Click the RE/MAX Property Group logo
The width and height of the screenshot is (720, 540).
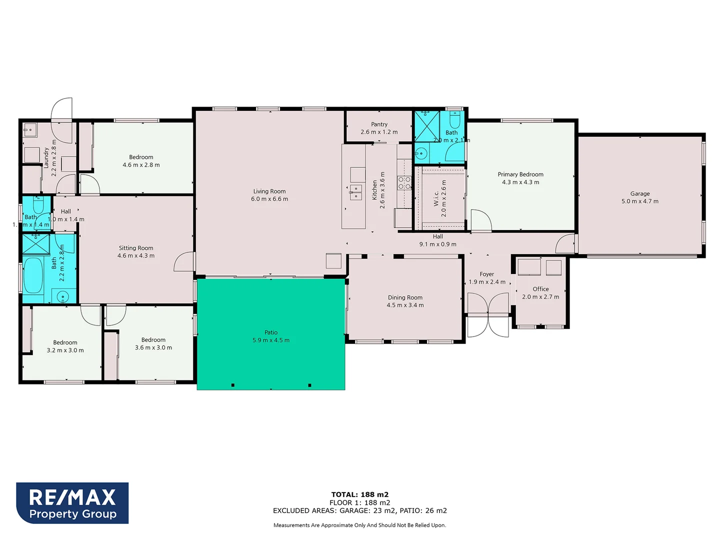pyautogui.click(x=72, y=503)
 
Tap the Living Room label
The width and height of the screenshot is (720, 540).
pyautogui.click(x=269, y=191)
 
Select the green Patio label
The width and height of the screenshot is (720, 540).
pyautogui.click(x=271, y=332)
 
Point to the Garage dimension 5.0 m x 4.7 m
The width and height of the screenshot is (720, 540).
pyautogui.click(x=640, y=201)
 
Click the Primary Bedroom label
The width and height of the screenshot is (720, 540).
pyautogui.click(x=520, y=174)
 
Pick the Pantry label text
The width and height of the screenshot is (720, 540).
pyautogui.click(x=379, y=124)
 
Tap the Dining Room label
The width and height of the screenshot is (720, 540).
pyautogui.click(x=405, y=297)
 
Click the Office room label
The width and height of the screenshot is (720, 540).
pyautogui.click(x=540, y=289)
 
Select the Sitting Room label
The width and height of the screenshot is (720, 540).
pyautogui.click(x=136, y=248)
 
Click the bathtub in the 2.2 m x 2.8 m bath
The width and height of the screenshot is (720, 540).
pyautogui.click(x=33, y=275)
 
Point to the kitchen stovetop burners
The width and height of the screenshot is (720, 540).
pyautogui.click(x=404, y=183)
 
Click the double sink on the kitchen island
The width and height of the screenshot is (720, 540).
pyautogui.click(x=355, y=192)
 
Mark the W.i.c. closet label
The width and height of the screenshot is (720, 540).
pyautogui.click(x=436, y=198)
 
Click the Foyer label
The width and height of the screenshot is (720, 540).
pyautogui.click(x=486, y=274)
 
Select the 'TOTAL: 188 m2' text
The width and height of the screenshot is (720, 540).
pyautogui.click(x=360, y=494)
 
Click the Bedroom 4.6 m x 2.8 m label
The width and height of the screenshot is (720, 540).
pyautogui.click(x=141, y=157)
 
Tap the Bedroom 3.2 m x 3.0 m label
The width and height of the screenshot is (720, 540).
pyautogui.click(x=65, y=343)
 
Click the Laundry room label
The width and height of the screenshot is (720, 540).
pyautogui.click(x=46, y=157)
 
